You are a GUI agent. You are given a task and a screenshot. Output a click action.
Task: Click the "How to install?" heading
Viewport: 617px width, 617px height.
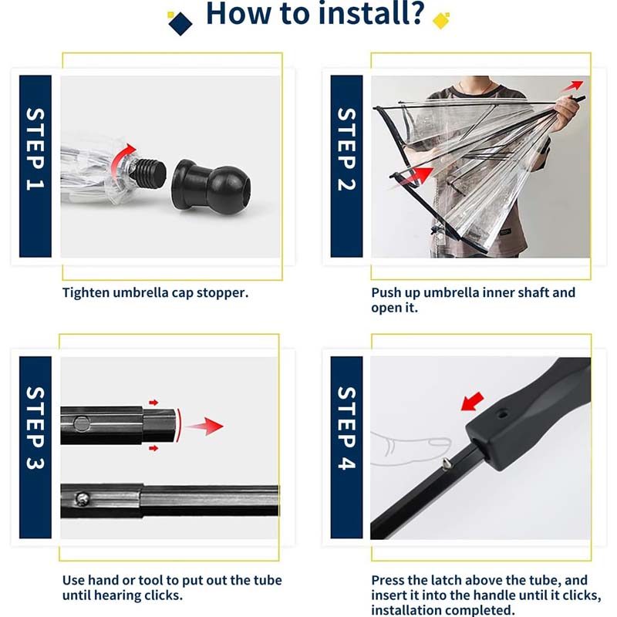[x=315, y=13]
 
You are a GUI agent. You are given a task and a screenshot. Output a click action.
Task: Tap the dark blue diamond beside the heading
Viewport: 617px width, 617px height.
[x=180, y=24]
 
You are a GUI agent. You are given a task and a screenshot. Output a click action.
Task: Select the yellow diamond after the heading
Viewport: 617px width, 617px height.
[x=441, y=21]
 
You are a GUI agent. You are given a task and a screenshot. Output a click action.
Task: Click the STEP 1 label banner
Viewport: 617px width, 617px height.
[x=35, y=166]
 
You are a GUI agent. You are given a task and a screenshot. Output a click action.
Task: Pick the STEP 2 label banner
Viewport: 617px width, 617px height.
[x=346, y=166]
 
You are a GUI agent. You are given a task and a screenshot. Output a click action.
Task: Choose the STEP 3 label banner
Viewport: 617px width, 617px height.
[x=35, y=447]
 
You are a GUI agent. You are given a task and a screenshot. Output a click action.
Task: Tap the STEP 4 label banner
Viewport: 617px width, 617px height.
[x=346, y=447]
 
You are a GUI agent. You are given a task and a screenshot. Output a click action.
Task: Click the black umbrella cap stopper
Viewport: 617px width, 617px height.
[x=211, y=187]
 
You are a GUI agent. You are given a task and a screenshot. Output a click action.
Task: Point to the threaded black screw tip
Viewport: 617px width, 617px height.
[x=148, y=172]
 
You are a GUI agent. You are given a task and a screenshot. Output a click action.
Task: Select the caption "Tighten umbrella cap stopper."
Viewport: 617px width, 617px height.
[x=156, y=293]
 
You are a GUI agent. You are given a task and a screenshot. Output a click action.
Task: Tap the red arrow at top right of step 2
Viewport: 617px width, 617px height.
[x=572, y=86]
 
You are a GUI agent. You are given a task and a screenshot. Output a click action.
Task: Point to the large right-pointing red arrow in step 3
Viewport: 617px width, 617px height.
[x=204, y=427]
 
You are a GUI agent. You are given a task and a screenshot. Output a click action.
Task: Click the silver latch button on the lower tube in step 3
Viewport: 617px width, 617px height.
[x=83, y=499]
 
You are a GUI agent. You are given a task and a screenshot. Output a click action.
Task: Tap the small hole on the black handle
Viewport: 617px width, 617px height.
[x=501, y=414]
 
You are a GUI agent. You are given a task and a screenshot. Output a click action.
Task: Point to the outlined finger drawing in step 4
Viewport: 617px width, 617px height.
[x=411, y=449]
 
